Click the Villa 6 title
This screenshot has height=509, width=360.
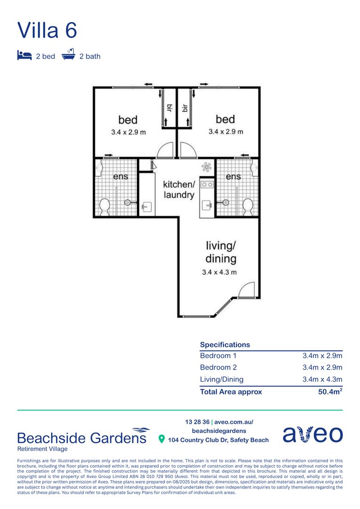pyautogui.click(x=47, y=30)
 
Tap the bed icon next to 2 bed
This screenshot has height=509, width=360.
pyautogui.click(x=24, y=56)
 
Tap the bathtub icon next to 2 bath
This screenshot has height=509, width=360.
pyautogui.click(x=69, y=56)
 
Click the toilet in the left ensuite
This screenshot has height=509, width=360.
pyautogui.click(x=105, y=205)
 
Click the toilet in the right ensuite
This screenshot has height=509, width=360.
pyautogui.click(x=247, y=205)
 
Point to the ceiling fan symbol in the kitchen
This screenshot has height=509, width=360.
pyautogui.click(x=206, y=167)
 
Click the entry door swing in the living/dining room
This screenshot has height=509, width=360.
pyautogui.click(x=246, y=290)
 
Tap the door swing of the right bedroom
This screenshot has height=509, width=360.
pyautogui.click(x=188, y=150)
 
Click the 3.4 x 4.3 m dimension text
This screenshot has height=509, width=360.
pyautogui.click(x=219, y=272)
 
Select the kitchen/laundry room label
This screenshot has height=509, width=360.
pyautogui.click(x=179, y=189)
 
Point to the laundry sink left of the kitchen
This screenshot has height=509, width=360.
pyautogui.click(x=146, y=206)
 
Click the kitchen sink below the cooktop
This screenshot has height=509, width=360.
pyautogui.click(x=207, y=205)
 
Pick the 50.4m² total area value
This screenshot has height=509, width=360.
pyautogui.click(x=330, y=392)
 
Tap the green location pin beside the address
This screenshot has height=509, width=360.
pyautogui.click(x=162, y=440)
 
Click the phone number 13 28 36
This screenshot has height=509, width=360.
pyautogui.click(x=197, y=422)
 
